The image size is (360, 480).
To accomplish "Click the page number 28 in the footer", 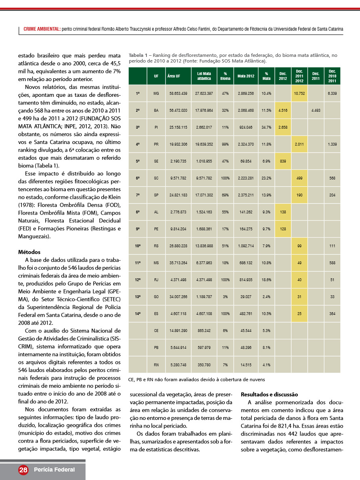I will [x=23, y=470].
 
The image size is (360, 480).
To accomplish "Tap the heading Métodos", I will [x=29, y=252].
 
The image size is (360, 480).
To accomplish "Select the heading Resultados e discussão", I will [x=269, y=394].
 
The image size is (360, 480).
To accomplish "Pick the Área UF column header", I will [x=174, y=76].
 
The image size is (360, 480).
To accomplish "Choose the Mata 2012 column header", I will [x=246, y=76].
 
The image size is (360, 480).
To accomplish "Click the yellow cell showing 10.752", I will [x=299, y=93].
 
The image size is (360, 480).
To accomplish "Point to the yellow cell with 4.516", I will [x=283, y=110].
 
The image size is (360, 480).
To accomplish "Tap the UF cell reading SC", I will [x=156, y=178].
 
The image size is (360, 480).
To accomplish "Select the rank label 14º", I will [x=138, y=313].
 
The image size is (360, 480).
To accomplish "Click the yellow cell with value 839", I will [x=283, y=161].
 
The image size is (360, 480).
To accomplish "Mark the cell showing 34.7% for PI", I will [x=266, y=127].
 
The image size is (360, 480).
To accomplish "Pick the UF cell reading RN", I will [x=156, y=365].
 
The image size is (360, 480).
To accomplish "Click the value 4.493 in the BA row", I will [x=316, y=110].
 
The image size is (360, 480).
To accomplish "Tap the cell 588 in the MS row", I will [x=332, y=263].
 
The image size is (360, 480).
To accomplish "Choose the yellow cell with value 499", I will [x=299, y=178].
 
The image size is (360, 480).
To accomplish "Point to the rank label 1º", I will [x=138, y=93].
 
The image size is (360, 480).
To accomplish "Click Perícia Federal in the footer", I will [x=54, y=470].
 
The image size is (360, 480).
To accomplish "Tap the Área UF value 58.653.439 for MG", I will [x=178, y=93].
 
